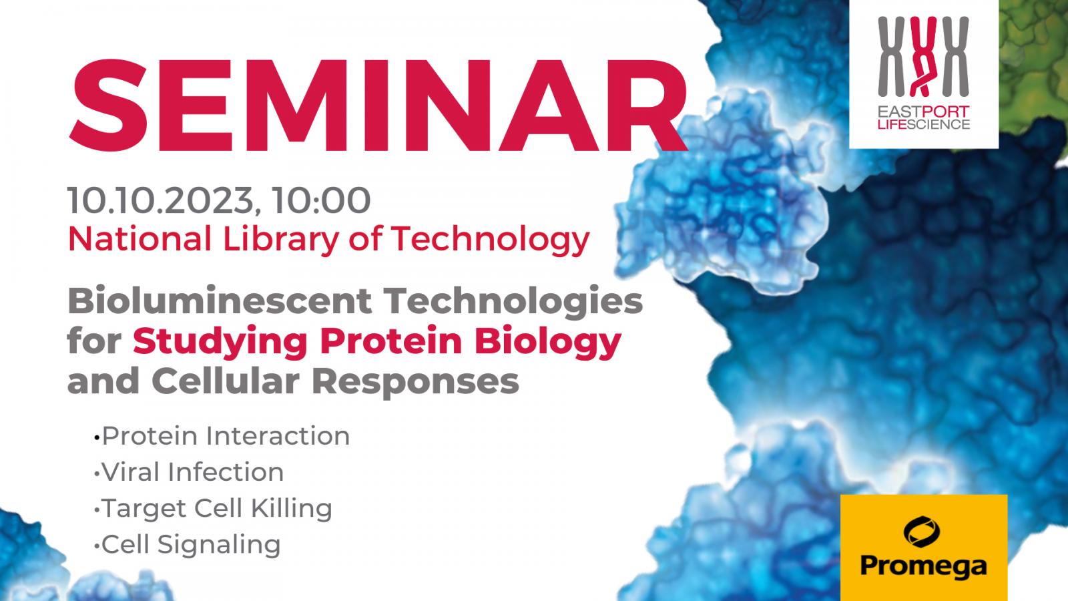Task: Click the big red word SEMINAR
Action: [378, 106]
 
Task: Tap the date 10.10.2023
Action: [160, 200]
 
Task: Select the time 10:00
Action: [321, 200]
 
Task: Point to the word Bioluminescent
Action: [220, 300]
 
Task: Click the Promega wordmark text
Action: [923, 567]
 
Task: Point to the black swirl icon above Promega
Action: [922, 532]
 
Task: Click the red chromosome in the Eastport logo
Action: [924, 56]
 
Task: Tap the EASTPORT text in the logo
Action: [924, 112]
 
